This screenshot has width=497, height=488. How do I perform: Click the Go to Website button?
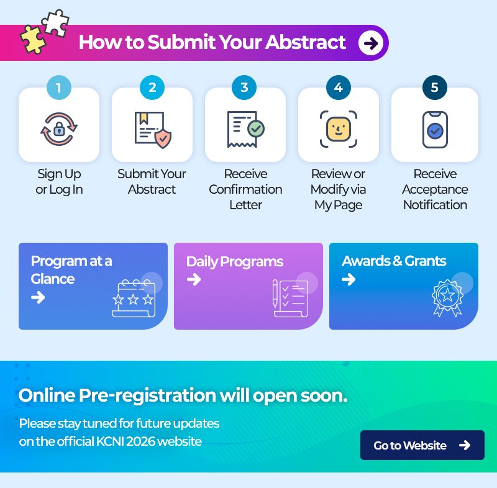tap(422, 445)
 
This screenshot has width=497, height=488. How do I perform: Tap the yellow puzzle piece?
tap(33, 40)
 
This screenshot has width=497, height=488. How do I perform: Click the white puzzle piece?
tap(55, 23)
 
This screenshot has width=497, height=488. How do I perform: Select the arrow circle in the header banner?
tap(371, 43)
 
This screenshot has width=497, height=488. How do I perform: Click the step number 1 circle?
tap(59, 88)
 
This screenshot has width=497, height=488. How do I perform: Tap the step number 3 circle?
tap(244, 88)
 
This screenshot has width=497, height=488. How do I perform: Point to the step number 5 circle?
tap(435, 88)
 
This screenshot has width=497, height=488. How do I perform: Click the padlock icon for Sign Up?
tap(59, 129)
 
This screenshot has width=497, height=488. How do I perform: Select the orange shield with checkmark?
tap(163, 138)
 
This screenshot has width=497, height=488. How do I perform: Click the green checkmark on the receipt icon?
tap(256, 129)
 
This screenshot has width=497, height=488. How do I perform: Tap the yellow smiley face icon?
tap(339, 129)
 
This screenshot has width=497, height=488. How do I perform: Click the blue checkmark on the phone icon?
tap(435, 131)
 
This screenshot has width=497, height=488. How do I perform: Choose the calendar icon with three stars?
tap(134, 298)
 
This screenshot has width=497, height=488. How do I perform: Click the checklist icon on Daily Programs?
tap(290, 298)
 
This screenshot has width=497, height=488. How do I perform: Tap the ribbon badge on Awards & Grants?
tap(447, 297)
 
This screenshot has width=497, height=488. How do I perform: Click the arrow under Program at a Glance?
tap(38, 297)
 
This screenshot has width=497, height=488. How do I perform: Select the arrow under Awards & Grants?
tap(349, 279)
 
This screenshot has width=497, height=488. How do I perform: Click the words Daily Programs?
tap(235, 262)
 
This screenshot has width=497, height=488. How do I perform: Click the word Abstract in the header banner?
tap(306, 42)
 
